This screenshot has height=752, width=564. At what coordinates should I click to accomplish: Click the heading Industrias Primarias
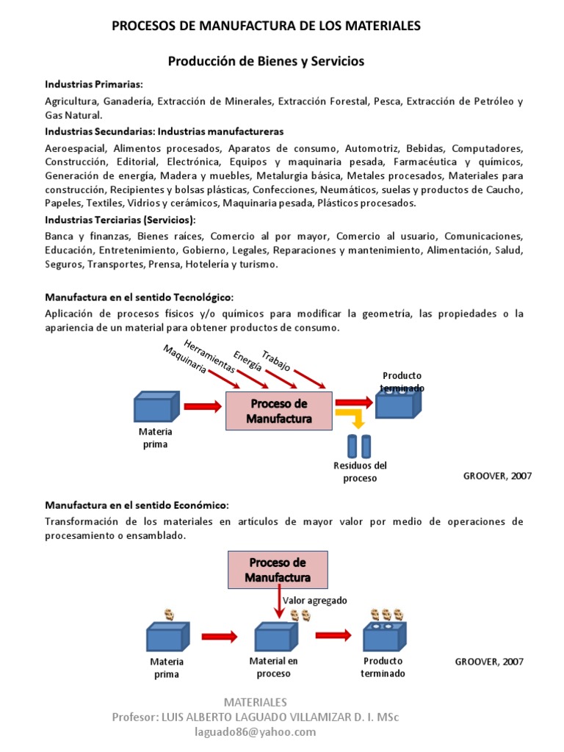tap(94, 84)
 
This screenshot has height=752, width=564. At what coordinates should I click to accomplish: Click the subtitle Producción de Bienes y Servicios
tap(266, 62)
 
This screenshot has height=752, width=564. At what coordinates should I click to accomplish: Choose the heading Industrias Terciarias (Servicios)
tap(120, 220)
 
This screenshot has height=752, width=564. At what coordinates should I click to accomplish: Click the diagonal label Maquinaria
tap(184, 358)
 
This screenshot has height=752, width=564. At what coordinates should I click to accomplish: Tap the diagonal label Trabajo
tap(276, 355)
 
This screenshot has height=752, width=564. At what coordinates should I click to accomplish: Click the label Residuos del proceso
tap(360, 471)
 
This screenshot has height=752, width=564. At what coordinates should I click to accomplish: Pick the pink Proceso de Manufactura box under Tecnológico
tap(278, 411)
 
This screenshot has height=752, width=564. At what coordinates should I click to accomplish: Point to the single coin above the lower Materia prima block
tap(169, 614)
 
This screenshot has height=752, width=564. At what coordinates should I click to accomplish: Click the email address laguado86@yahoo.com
tap(255, 731)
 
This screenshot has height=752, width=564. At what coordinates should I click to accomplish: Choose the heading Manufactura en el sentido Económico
tap(137, 506)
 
